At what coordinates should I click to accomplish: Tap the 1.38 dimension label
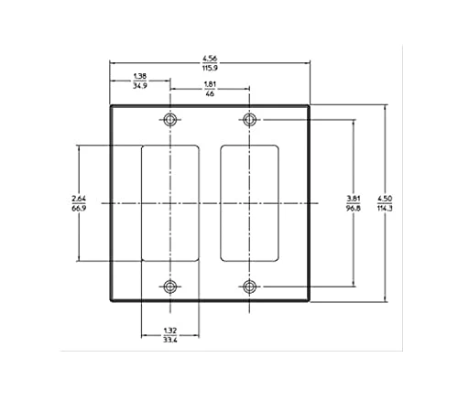(x=140, y=75)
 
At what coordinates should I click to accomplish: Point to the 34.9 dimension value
(x=140, y=84)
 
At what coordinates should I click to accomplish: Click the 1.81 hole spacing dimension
(x=209, y=85)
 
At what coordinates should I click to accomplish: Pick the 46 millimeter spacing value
(x=209, y=94)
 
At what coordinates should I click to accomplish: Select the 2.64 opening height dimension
(x=79, y=197)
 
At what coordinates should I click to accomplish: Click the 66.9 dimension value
(x=79, y=207)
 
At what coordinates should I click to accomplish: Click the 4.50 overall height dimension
(x=386, y=197)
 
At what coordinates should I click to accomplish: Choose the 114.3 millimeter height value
(x=386, y=207)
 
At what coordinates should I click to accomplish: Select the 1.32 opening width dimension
(x=169, y=331)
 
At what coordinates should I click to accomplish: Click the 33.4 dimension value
(x=169, y=341)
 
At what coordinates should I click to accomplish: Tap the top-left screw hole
(x=170, y=119)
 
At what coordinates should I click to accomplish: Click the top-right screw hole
(x=249, y=119)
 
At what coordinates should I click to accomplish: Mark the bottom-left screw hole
(x=170, y=287)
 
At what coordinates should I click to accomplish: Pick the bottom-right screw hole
(x=249, y=287)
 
